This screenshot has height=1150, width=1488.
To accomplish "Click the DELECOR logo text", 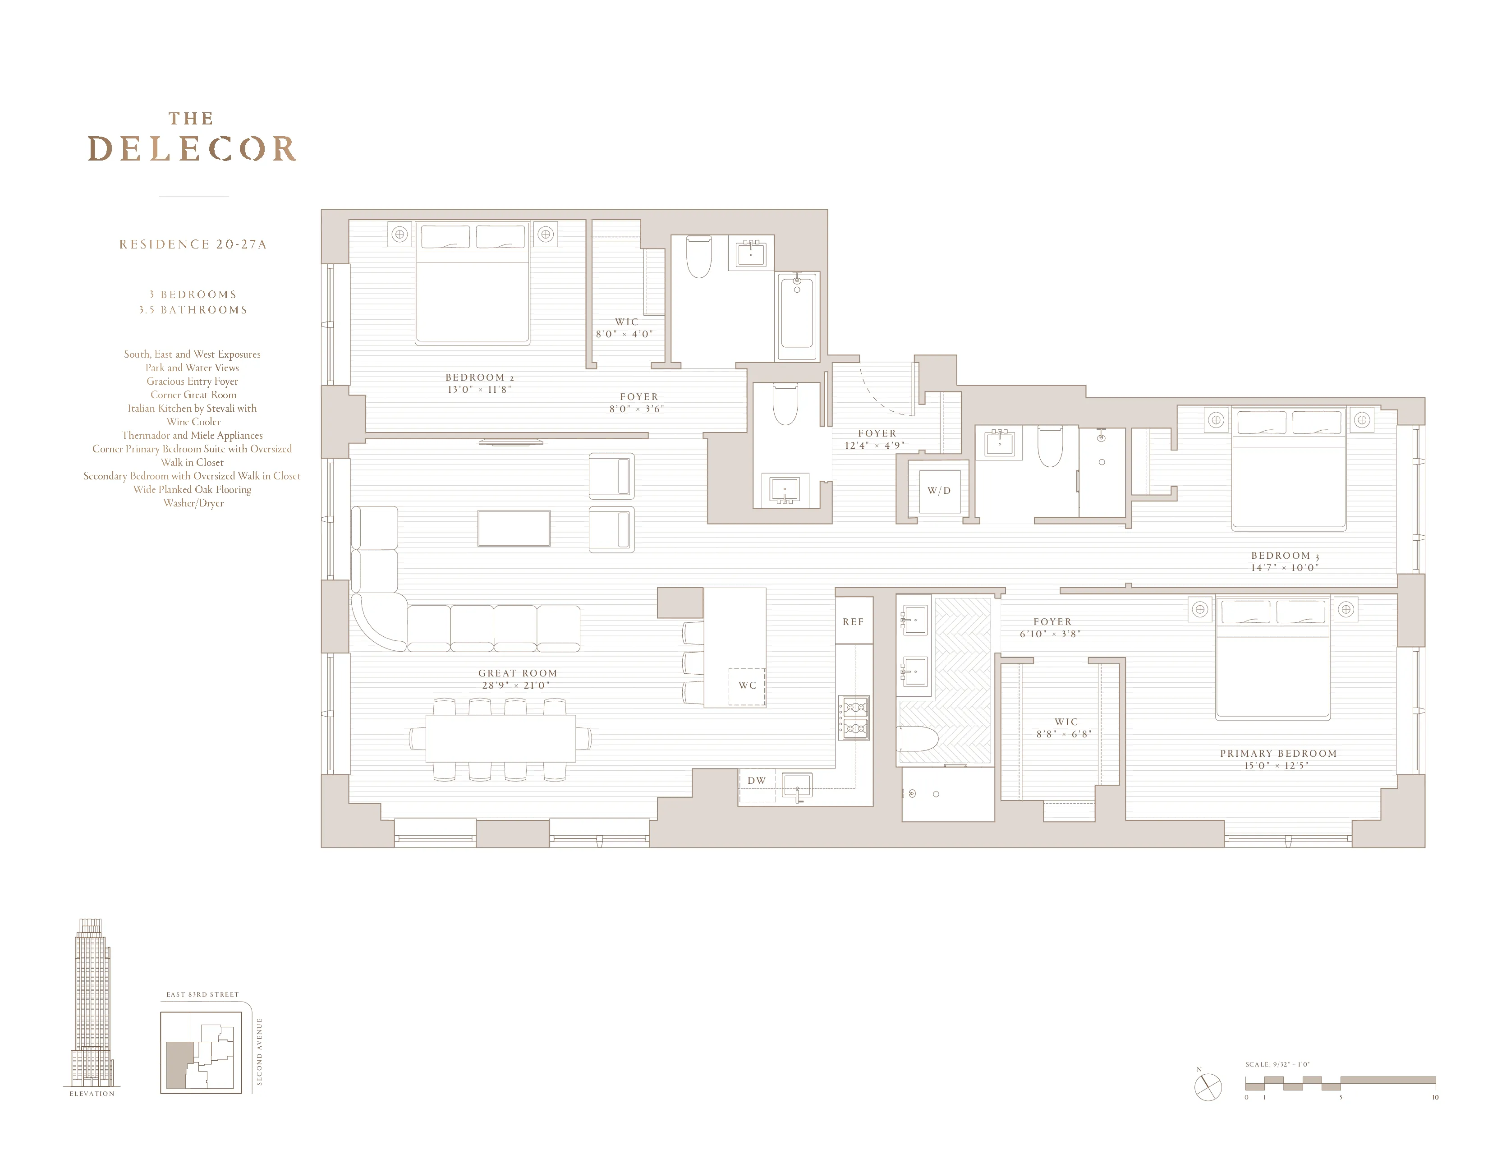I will point(192,148).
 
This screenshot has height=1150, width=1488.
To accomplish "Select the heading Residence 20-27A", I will point(193,244).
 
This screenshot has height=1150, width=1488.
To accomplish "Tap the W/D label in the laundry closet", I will point(939,491).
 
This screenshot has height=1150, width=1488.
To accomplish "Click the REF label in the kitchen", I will point(853,622).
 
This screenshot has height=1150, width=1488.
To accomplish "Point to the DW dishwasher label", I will point(756,781).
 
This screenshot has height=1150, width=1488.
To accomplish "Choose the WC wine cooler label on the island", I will point(748,685).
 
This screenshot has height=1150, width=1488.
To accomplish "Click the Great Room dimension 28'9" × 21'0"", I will point(516,685).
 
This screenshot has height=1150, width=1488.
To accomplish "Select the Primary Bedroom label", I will point(1278,754).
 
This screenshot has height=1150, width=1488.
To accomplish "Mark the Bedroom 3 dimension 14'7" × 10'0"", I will point(1284,567).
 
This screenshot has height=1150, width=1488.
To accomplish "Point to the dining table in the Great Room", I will point(500,738).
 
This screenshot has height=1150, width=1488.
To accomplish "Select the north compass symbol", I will point(1208,1087).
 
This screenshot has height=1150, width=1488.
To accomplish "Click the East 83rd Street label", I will point(202,995).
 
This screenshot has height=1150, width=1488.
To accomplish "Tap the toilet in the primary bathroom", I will point(919,739).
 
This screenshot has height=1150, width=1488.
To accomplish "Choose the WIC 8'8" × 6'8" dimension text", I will point(1064,734).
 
